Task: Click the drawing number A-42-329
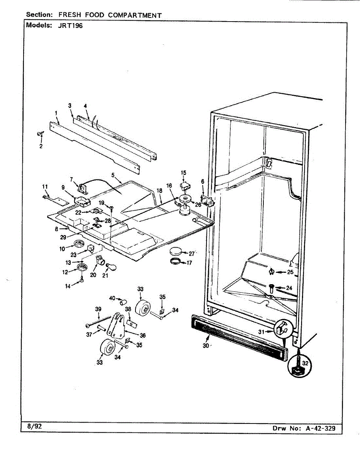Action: [x=321, y=428]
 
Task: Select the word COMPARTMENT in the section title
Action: [x=135, y=15]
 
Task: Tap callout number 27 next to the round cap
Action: [x=192, y=254]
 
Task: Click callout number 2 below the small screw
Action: [x=41, y=146]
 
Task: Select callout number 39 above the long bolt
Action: [x=98, y=309]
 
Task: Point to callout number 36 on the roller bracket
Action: [x=143, y=336]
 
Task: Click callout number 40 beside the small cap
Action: [x=112, y=298]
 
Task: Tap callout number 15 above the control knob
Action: [x=183, y=172]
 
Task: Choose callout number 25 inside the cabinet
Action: [x=290, y=272]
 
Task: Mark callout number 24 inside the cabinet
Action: [x=289, y=288]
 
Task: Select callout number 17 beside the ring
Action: [x=189, y=263]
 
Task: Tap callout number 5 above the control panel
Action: [x=113, y=175]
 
